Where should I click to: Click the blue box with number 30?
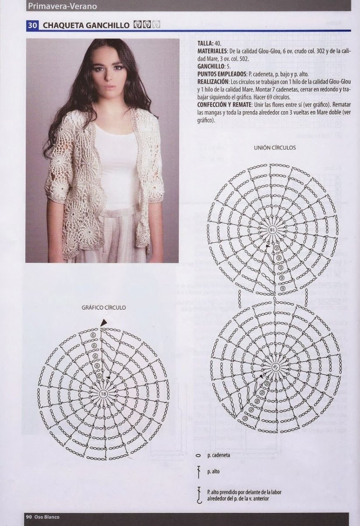[x=32, y=25]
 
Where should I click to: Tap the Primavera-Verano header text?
[x=63, y=6]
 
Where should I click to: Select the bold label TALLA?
[x=205, y=43]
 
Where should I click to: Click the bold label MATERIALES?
[x=212, y=51]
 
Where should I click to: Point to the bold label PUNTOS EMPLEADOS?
[x=222, y=74]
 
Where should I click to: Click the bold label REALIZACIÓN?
[x=213, y=82]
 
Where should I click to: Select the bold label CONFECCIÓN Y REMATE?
[x=223, y=104]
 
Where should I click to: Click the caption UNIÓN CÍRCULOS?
[x=275, y=147]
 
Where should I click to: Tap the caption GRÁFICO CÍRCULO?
[x=103, y=307]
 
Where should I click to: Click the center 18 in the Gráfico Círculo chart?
[x=103, y=394]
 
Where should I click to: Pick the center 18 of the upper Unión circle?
[x=272, y=229]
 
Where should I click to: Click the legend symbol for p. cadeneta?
[x=198, y=455]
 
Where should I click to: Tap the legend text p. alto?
[x=214, y=471]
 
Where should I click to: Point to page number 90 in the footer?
[x=29, y=517]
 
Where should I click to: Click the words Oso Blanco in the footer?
[x=47, y=517]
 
